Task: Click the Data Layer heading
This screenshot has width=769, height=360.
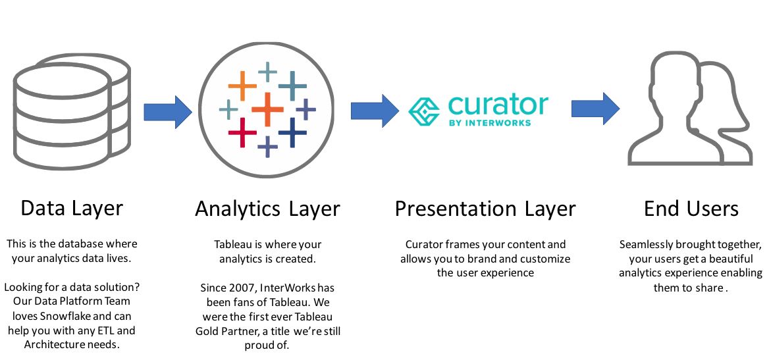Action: click(x=72, y=209)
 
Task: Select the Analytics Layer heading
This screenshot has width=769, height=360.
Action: click(x=267, y=209)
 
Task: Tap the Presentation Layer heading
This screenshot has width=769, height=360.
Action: click(x=485, y=209)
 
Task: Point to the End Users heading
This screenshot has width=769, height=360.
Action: click(x=691, y=209)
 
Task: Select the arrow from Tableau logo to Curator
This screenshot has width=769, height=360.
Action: click(x=375, y=111)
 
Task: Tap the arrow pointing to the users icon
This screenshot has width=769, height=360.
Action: click(x=595, y=109)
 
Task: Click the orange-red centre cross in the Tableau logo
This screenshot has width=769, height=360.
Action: click(x=267, y=109)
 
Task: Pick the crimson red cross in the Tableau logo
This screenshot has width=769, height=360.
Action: click(x=242, y=132)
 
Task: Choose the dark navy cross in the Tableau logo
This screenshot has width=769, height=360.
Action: click(x=292, y=132)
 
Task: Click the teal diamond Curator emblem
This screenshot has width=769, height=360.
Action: click(x=425, y=111)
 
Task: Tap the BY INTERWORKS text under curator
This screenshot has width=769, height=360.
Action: click(x=489, y=122)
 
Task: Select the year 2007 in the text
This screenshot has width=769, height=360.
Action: click(x=238, y=288)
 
